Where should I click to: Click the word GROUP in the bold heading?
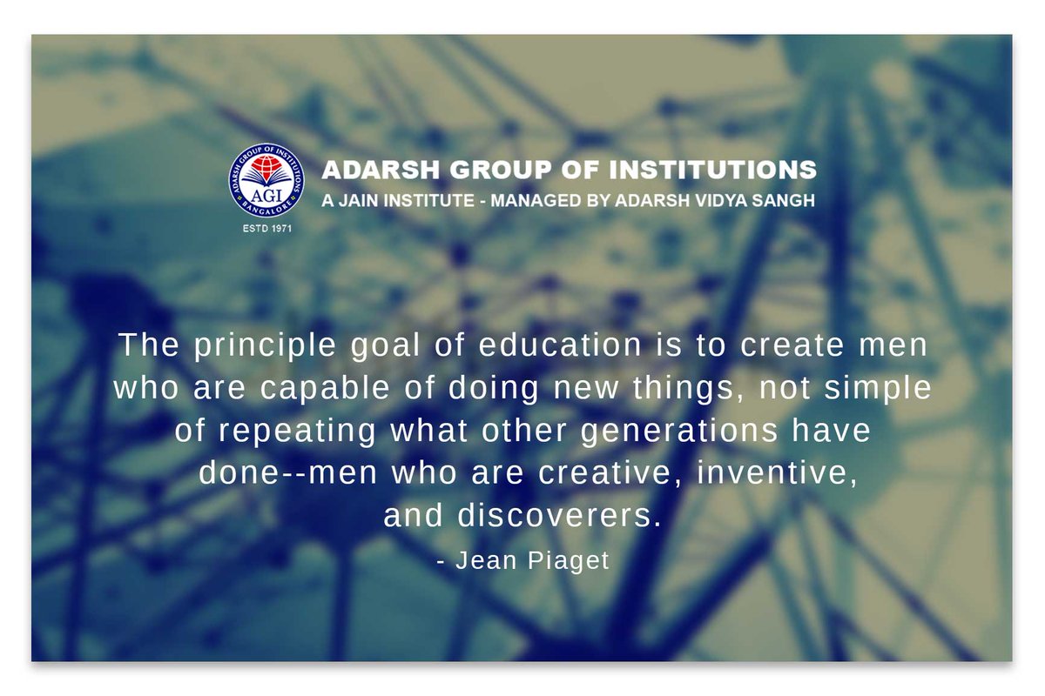coord(501,170)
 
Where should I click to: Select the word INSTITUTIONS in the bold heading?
coord(713,170)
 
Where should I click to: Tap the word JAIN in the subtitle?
coord(360,200)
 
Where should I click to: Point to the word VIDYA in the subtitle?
coord(721,200)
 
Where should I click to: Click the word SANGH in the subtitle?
coord(784,200)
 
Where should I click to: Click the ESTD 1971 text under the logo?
coord(266,229)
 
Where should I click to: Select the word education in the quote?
coord(560,345)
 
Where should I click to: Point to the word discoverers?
coord(560,516)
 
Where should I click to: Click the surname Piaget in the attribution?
coord(568,561)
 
